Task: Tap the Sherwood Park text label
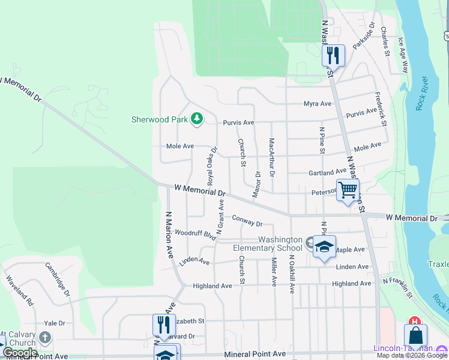(160, 119)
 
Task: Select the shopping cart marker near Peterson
(348, 190)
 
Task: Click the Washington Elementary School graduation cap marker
(324, 247)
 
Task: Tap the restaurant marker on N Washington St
(333, 56)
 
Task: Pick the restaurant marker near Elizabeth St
(164, 325)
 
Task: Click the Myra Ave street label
(318, 103)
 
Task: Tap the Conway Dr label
(247, 221)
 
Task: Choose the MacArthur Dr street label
(272, 158)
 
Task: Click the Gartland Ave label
(328, 173)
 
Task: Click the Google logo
(20, 353)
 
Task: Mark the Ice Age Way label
(403, 55)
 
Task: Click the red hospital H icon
(413, 322)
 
